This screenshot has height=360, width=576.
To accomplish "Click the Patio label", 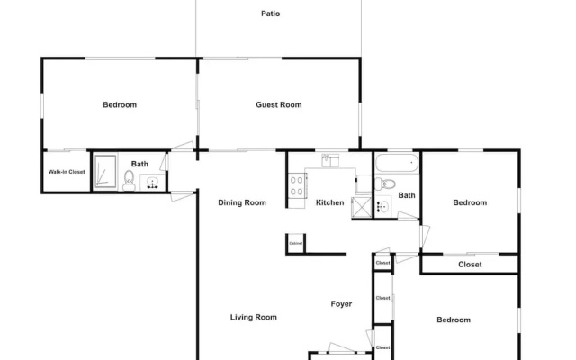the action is point(270,13).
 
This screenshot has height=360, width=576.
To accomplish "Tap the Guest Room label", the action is point(279,104).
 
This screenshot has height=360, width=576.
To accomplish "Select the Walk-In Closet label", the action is point(67,172).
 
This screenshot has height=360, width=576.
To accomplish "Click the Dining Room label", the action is point(242,202).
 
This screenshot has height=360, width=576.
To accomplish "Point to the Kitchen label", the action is point(330,202).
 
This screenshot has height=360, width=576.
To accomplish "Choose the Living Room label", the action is point(254,317).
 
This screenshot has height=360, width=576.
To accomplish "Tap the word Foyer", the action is point(341,304).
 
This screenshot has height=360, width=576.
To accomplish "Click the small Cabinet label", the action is point(296,244).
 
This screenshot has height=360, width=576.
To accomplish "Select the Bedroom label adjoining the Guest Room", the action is point(120,104).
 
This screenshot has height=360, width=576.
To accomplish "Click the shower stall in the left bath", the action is point(105,172).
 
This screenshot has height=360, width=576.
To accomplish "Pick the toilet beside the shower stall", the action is point(129,180).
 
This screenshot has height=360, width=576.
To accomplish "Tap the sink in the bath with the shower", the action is point(152,183).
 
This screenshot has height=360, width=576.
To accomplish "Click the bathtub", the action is point(397,164).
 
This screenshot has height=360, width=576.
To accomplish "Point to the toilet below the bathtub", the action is point(384,184).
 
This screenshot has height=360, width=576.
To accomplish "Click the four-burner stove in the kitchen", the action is point(296,186).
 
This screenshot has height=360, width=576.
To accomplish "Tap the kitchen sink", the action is point(330,160).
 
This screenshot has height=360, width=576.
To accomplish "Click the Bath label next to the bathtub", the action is point(407,195).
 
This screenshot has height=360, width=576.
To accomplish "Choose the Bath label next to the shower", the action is point(139,164).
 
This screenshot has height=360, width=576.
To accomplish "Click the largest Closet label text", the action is point(470,265).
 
